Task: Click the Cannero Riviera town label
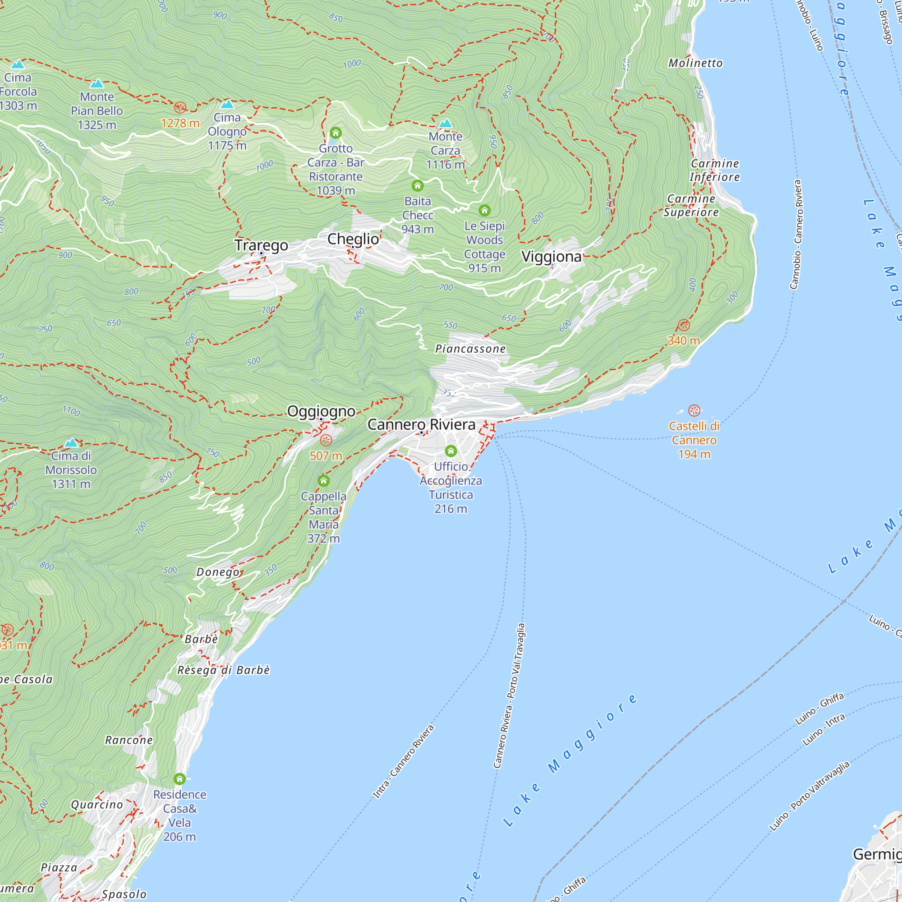click(421, 424)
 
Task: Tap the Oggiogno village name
click(321, 411)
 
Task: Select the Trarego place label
click(261, 245)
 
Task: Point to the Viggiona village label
click(552, 256)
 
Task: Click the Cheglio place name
click(353, 239)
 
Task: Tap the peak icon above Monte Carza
click(446, 123)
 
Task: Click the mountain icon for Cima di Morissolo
click(71, 442)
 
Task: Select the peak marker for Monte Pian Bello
click(97, 83)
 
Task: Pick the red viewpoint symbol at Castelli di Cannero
click(694, 410)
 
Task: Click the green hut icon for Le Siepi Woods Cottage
click(485, 210)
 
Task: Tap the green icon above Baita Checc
click(417, 186)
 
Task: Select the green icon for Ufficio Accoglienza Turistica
click(451, 451)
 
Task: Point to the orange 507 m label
click(326, 456)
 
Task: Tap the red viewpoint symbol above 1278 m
click(180, 108)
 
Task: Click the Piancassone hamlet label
click(470, 349)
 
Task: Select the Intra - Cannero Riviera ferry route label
click(403, 761)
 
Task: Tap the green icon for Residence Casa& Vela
click(180, 779)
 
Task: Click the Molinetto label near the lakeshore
click(695, 63)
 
